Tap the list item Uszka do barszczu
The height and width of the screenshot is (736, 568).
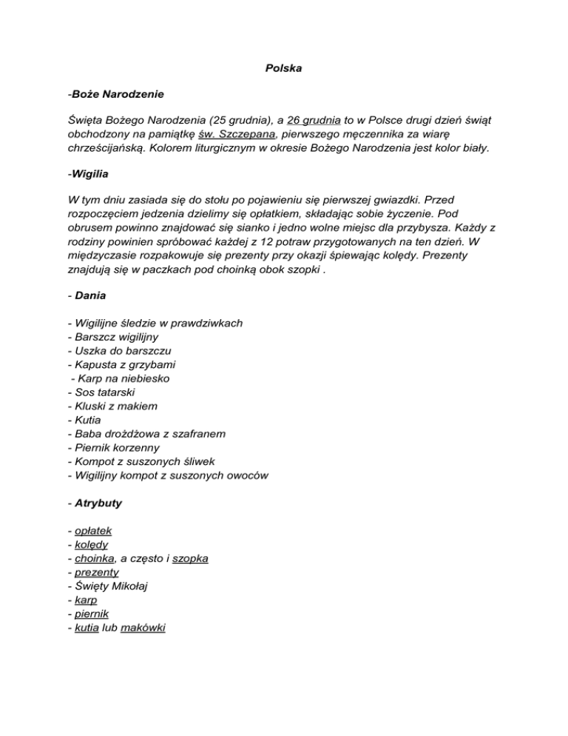115,351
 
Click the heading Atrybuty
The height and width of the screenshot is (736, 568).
97,503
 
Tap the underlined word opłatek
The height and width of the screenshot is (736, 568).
92,531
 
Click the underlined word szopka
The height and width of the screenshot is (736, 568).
190,558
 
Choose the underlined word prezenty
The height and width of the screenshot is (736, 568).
97,572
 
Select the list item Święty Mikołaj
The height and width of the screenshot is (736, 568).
110,586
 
